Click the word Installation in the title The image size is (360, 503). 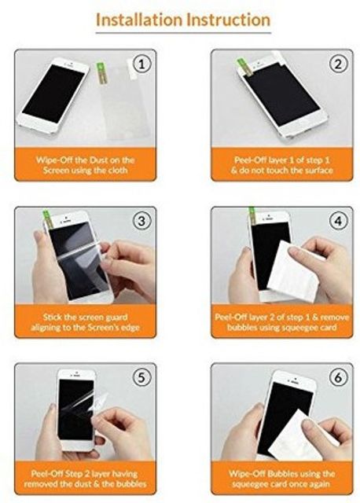(x=140, y=20)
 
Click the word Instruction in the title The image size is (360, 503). (x=229, y=20)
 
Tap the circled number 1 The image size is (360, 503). (x=141, y=64)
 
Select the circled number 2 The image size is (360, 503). (x=338, y=64)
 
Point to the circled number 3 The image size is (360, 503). (x=141, y=221)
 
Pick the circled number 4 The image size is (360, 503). (x=338, y=221)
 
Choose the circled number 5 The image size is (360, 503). (x=141, y=377)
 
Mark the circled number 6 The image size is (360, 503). (x=338, y=377)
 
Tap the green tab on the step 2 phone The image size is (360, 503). (x=243, y=68)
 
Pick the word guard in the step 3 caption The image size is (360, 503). (x=116, y=318)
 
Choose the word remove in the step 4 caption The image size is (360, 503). (x=335, y=318)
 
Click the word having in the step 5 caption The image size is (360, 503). (x=124, y=474)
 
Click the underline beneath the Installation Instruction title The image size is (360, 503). (x=183, y=33)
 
